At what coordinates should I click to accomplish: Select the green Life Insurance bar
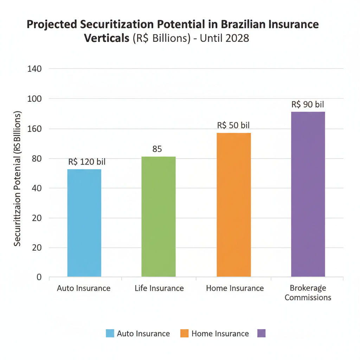point(159,217)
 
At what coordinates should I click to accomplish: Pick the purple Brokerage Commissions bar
point(308,194)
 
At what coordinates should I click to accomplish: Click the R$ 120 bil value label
point(87,162)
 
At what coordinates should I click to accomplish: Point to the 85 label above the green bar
point(157,149)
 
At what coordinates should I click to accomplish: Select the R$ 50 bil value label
point(233,125)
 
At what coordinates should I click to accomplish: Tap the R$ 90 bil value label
point(308,104)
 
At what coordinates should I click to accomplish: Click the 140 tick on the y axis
point(34,69)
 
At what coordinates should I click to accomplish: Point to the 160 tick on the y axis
point(34,129)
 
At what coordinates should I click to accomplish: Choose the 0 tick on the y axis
point(39,277)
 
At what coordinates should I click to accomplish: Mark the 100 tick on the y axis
point(34,99)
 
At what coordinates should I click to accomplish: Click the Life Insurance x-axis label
point(159,288)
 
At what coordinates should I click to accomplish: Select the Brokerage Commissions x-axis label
point(308,293)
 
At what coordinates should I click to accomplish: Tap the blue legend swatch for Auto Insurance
point(110,334)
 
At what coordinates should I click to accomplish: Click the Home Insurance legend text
point(220,334)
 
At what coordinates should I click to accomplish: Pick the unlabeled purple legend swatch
point(261,334)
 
